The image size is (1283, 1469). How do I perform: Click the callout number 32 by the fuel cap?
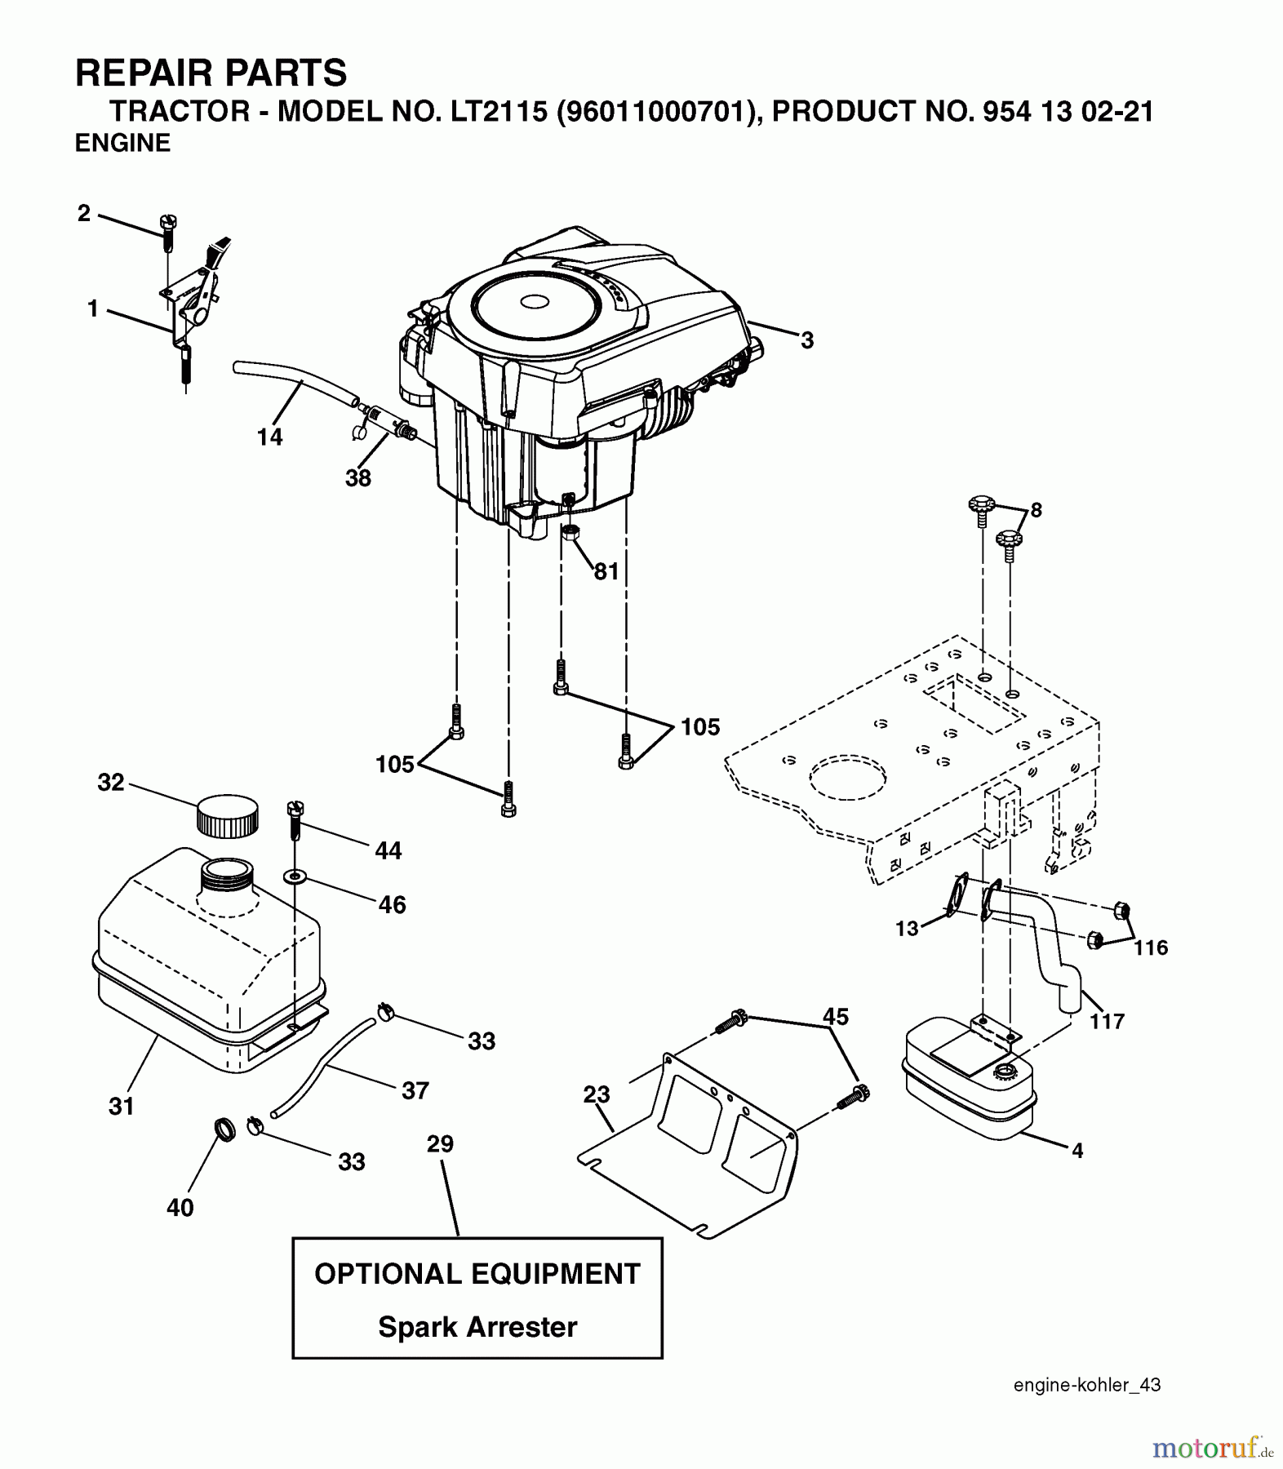click(x=111, y=782)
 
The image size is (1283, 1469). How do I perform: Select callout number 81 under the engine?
click(x=606, y=571)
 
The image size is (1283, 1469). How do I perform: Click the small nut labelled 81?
click(x=570, y=534)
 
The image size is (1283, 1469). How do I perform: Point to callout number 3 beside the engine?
click(x=806, y=340)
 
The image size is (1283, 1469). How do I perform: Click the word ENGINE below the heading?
click(x=122, y=143)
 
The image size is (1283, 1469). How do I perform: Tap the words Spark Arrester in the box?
click(x=477, y=1327)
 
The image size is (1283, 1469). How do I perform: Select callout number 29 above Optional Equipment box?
click(x=440, y=1144)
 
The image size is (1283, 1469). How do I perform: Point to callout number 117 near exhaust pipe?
click(x=1107, y=1021)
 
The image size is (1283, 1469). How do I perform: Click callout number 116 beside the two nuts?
click(x=1151, y=948)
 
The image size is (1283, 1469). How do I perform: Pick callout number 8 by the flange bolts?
click(x=1036, y=511)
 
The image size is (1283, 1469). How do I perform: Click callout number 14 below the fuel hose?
click(x=269, y=437)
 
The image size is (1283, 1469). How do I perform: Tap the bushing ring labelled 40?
click(x=224, y=1129)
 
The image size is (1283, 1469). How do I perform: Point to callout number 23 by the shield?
click(x=597, y=1094)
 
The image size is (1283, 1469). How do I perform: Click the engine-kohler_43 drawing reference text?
click(x=1087, y=1385)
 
